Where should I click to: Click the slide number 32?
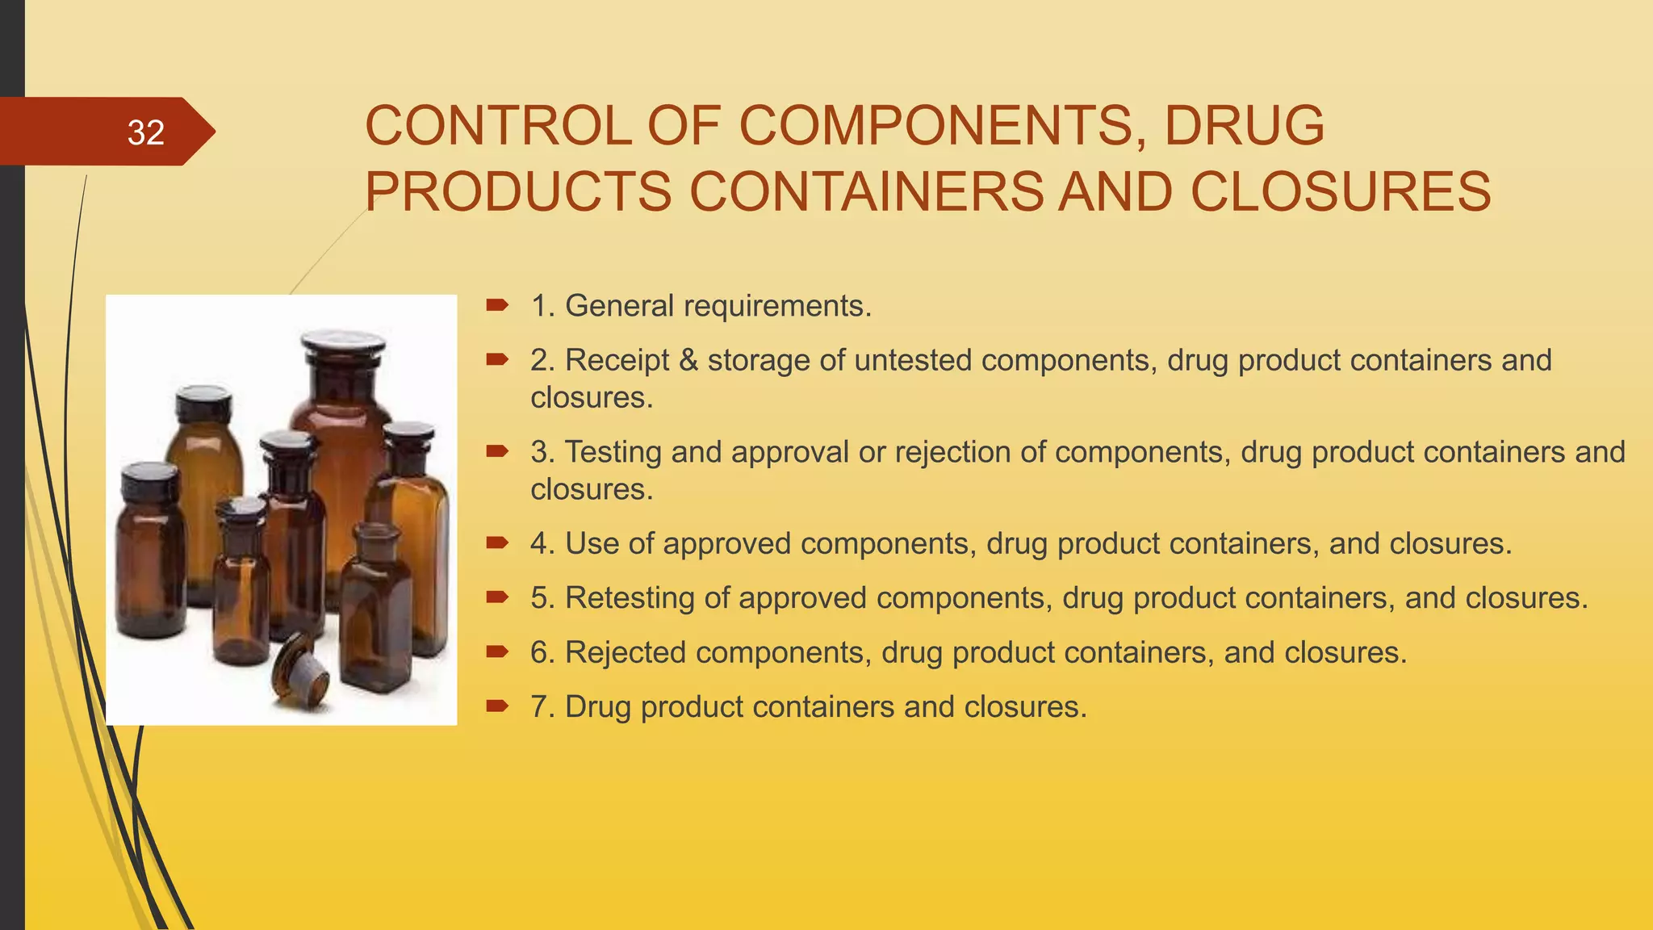pyautogui.click(x=145, y=132)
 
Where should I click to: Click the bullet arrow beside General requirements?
pyautogui.click(x=496, y=305)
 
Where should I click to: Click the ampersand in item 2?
pyautogui.click(x=688, y=360)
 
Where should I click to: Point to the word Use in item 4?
pyautogui.click(x=592, y=543)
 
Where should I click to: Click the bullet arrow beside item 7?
pyautogui.click(x=496, y=706)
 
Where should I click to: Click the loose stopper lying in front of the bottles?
pyautogui.click(x=300, y=672)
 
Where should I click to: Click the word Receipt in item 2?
pyautogui.click(x=617, y=360)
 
